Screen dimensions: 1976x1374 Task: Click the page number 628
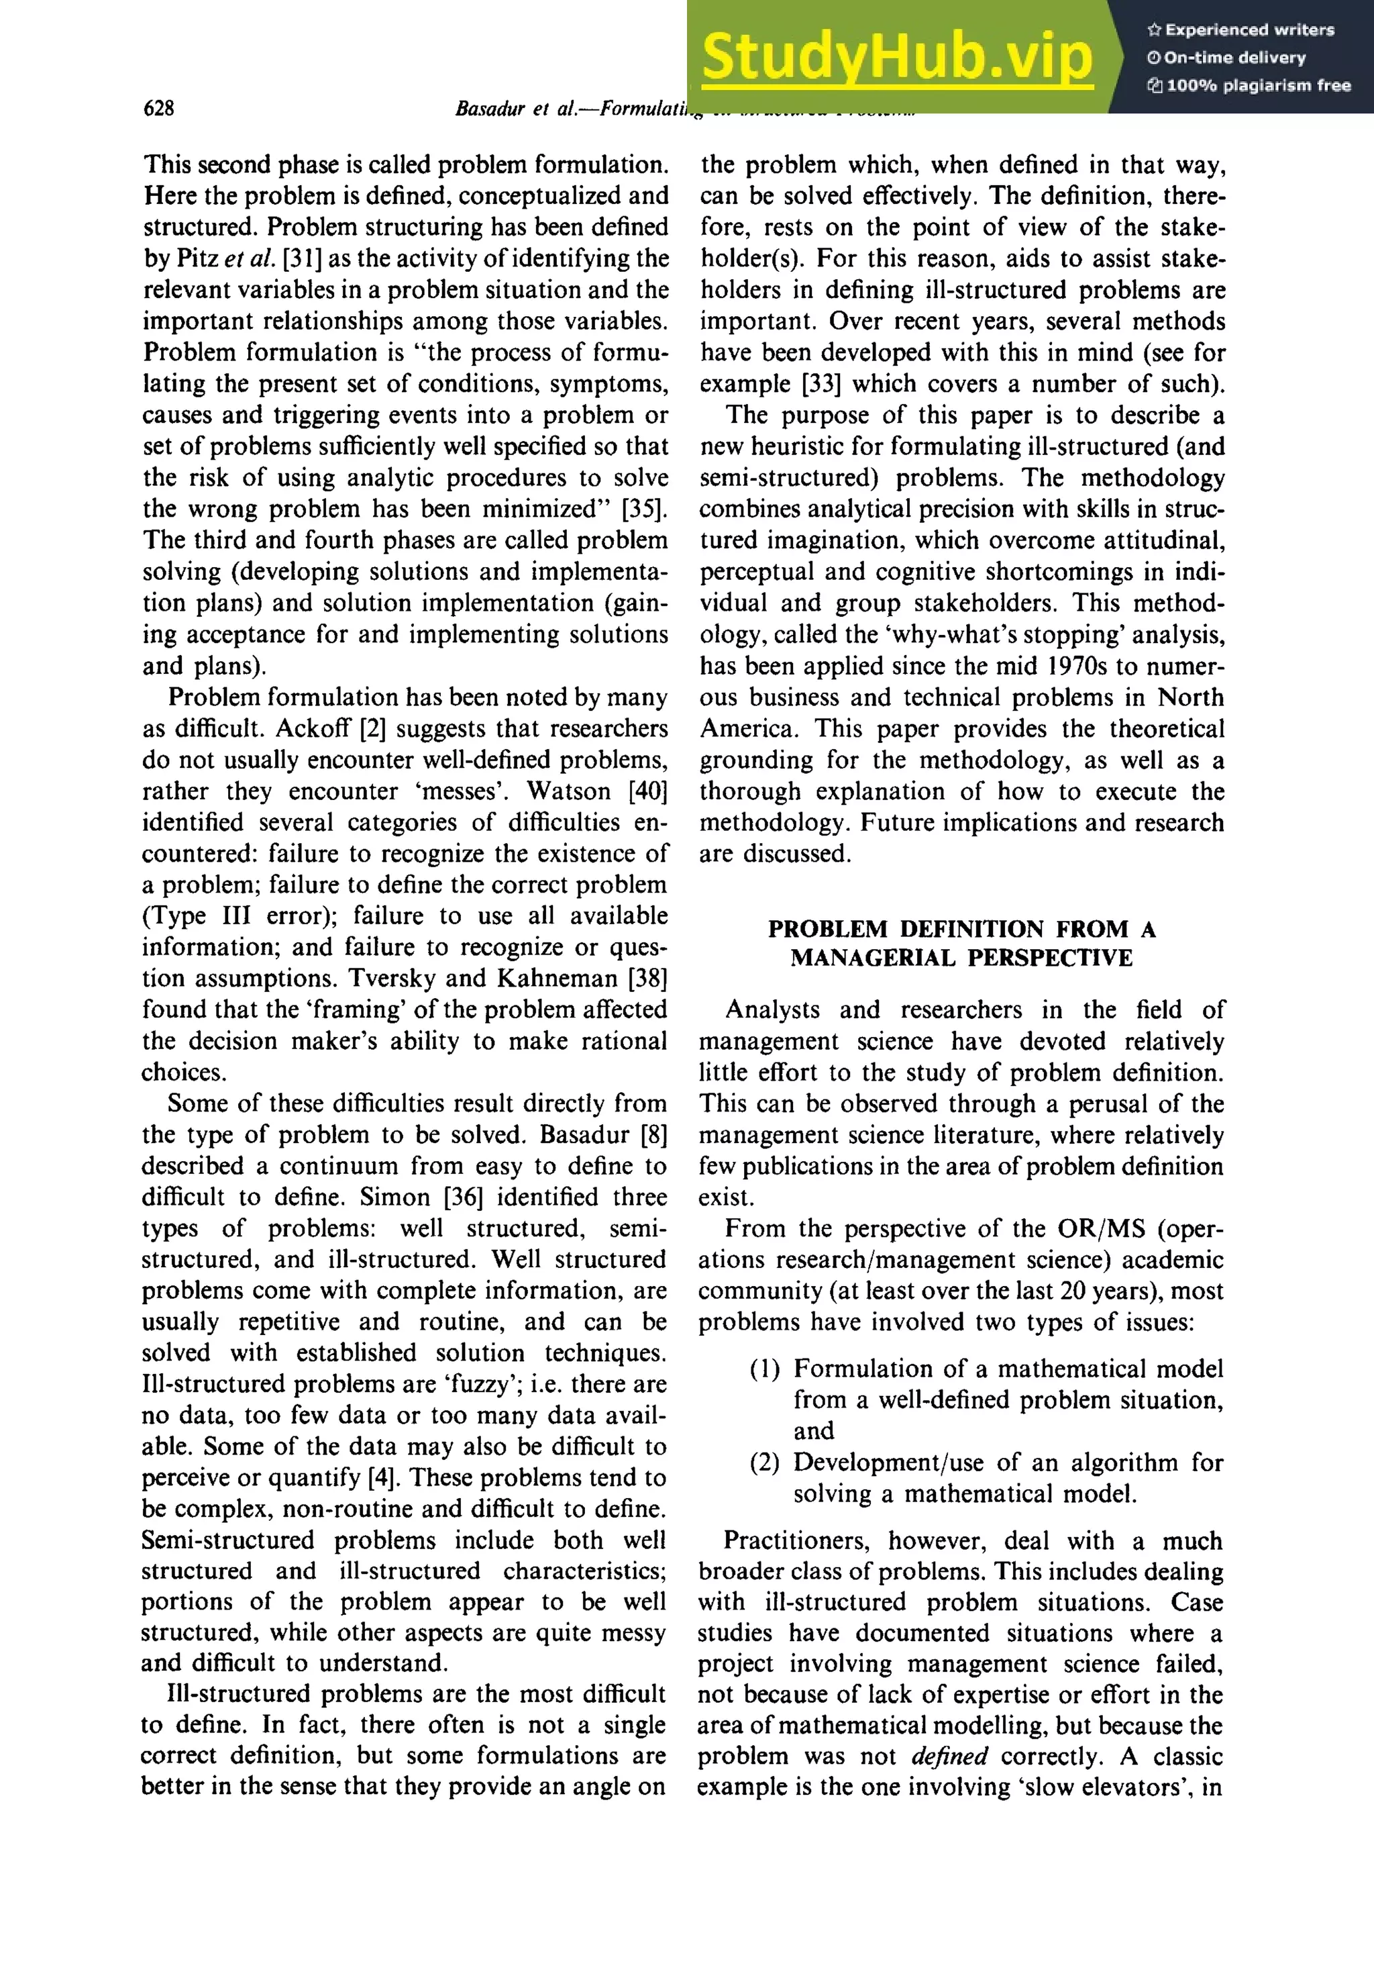[158, 107]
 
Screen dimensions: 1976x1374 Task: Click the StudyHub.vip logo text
[896, 57]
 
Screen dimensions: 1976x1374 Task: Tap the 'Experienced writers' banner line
[1240, 30]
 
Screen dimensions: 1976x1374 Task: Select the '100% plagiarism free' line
[1249, 85]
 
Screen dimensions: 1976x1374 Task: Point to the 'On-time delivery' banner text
[1225, 58]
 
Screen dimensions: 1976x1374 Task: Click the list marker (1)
[764, 1369]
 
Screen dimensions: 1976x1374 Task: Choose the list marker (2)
[764, 1463]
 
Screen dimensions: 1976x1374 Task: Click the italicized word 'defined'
[949, 1756]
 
